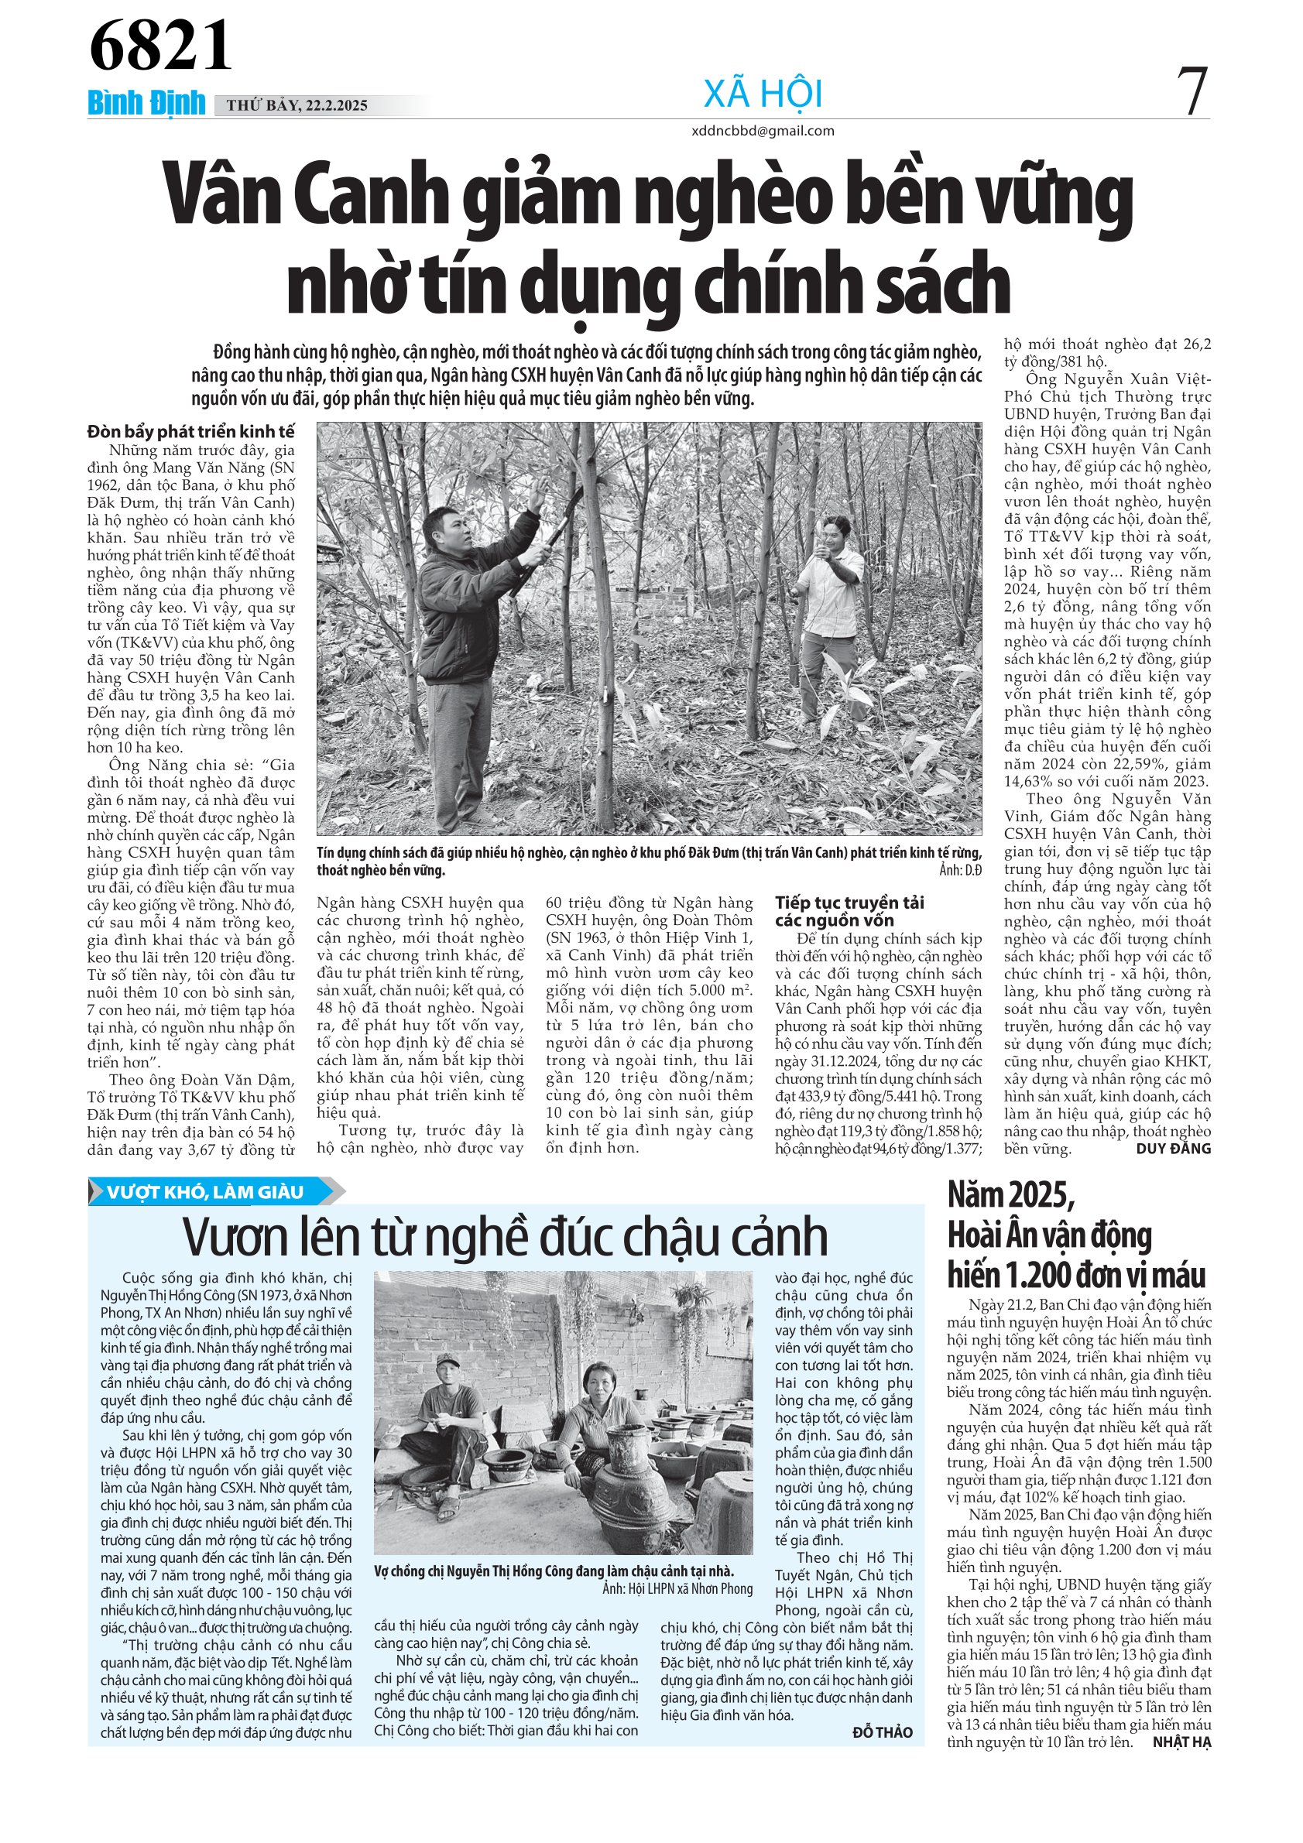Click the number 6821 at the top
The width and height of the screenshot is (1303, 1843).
pyautogui.click(x=160, y=46)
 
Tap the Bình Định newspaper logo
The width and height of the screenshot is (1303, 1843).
pyautogui.click(x=146, y=104)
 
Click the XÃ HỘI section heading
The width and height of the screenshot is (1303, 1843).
pyautogui.click(x=763, y=94)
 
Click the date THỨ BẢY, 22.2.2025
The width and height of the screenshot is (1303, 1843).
pyautogui.click(x=297, y=105)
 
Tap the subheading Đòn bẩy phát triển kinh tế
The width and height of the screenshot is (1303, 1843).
pyautogui.click(x=191, y=432)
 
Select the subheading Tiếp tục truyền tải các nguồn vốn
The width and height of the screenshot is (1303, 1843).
pyautogui.click(x=849, y=911)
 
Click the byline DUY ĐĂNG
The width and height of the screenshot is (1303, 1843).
pyautogui.click(x=1173, y=1149)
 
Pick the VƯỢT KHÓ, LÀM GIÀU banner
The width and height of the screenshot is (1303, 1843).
pyautogui.click(x=205, y=1192)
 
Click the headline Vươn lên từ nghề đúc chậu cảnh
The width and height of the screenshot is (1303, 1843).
pyautogui.click(x=506, y=1237)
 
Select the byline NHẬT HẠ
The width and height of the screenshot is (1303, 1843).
pyautogui.click(x=1181, y=1742)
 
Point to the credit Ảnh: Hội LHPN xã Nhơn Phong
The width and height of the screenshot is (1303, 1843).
pyautogui.click(x=677, y=1588)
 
